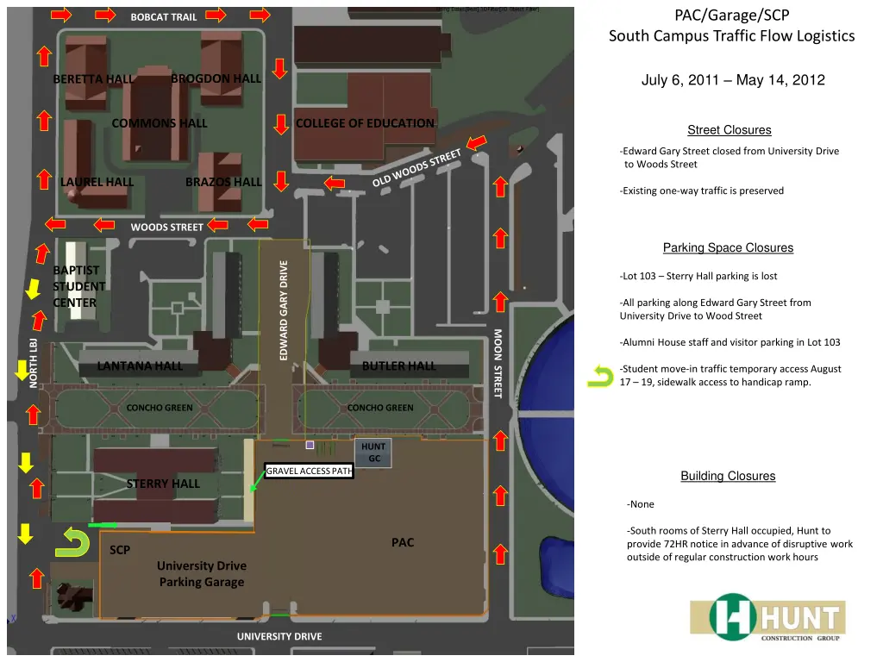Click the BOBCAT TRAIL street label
pyautogui.click(x=164, y=17)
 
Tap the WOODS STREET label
pyautogui.click(x=167, y=228)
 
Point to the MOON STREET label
pyautogui.click(x=498, y=363)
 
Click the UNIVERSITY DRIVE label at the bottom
pyautogui.click(x=279, y=636)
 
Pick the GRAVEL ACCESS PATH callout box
pyautogui.click(x=310, y=471)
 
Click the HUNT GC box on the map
pyautogui.click(x=373, y=453)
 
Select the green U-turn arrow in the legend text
pyautogui.click(x=600, y=376)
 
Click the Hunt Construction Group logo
pyautogui.click(x=767, y=617)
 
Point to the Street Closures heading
pyautogui.click(x=729, y=130)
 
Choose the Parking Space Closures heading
pyautogui.click(x=728, y=248)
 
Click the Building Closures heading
pyautogui.click(x=728, y=476)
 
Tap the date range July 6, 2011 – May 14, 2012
pyautogui.click(x=732, y=80)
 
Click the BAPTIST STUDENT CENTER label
pyautogui.click(x=79, y=286)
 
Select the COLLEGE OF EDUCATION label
pyautogui.click(x=365, y=123)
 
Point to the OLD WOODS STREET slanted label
pyautogui.click(x=417, y=168)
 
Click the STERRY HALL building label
pyautogui.click(x=163, y=484)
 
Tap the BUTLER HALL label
pyautogui.click(x=398, y=365)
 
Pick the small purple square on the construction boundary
pyautogui.click(x=310, y=445)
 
